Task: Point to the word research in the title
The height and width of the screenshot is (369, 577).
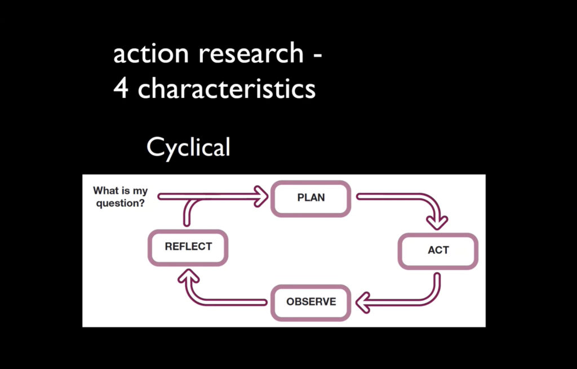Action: tap(251, 53)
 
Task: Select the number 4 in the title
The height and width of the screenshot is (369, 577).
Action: tap(121, 88)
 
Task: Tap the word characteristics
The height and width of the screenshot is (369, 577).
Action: tap(227, 88)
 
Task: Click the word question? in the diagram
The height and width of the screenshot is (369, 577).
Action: tap(121, 203)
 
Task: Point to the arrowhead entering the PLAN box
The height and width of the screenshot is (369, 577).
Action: tap(262, 197)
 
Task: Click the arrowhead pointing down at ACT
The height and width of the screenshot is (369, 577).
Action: tap(437, 223)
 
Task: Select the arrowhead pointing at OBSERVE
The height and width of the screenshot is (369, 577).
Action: tap(363, 303)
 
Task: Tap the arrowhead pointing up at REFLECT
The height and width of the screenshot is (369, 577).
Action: tap(188, 275)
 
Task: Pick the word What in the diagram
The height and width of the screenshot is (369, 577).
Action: tap(106, 190)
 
